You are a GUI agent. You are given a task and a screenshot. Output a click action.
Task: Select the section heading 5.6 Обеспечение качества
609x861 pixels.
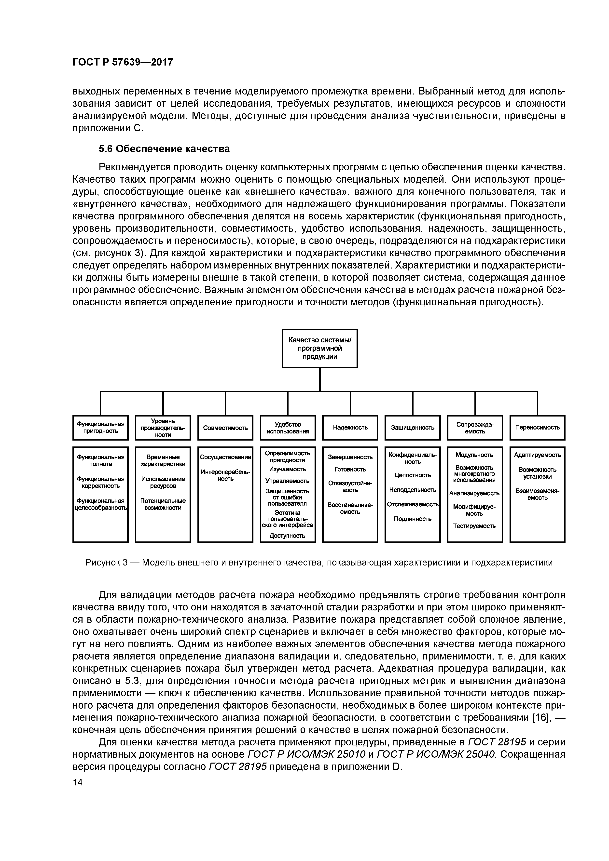point(164,149)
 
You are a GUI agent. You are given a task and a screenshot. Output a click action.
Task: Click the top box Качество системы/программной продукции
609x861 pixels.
point(320,348)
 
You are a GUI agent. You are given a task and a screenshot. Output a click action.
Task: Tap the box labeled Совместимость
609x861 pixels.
point(225,428)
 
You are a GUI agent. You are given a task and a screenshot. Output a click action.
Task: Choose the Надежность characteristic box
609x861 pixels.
point(350,428)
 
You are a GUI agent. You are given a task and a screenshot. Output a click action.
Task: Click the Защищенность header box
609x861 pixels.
point(412,428)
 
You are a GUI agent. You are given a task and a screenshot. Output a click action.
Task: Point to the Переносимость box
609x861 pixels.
point(537,428)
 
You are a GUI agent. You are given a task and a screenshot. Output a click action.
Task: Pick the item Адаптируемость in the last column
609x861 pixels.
point(537,455)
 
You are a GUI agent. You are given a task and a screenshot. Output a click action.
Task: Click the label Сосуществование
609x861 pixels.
point(225,457)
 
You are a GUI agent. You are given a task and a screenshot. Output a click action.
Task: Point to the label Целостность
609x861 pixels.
point(412,475)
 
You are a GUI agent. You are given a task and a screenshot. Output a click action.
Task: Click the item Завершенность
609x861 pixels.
point(350,457)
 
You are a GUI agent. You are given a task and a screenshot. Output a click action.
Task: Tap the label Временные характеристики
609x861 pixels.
point(163,460)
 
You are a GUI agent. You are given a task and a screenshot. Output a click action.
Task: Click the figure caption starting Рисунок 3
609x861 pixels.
point(319,563)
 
